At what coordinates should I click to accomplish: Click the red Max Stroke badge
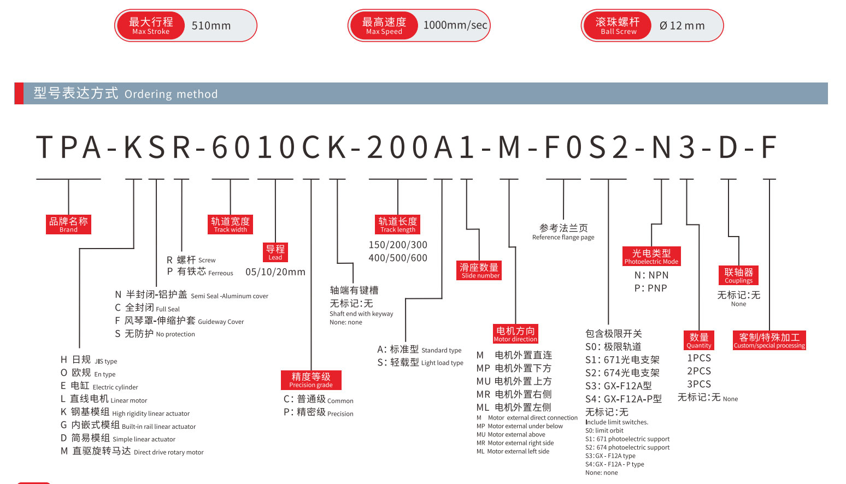point(151,26)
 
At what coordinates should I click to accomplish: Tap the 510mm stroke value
point(211,26)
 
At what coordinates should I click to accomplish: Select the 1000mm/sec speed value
point(455,25)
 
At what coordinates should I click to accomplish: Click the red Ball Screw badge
point(618,26)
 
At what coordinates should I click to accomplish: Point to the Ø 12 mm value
point(682,26)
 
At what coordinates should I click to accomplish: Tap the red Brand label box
point(68,225)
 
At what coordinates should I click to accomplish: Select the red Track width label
point(230,225)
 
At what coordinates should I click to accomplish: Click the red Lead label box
point(275,252)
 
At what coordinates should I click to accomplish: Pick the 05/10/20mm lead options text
point(275,272)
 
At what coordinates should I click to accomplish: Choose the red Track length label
point(398,225)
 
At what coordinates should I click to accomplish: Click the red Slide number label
point(479,270)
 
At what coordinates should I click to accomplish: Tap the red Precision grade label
point(311,380)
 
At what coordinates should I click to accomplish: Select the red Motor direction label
point(515,334)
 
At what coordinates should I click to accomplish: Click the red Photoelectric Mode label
point(651,256)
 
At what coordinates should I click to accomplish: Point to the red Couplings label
point(738,275)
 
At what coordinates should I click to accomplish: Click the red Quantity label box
point(699,340)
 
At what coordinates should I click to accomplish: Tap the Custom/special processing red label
point(769,340)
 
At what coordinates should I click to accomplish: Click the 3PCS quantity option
point(699,384)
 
